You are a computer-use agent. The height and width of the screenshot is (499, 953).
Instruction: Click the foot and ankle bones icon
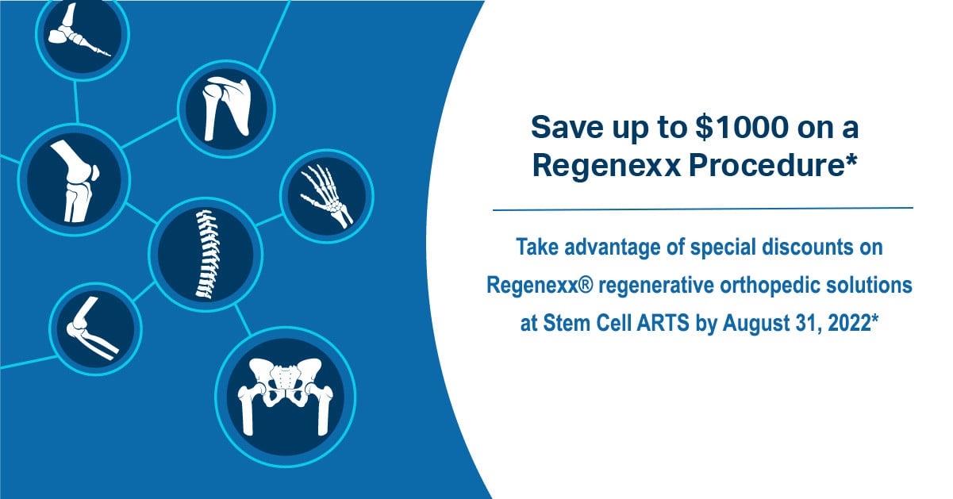point(82,34)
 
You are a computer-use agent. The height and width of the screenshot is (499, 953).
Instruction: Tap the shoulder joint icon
point(226,109)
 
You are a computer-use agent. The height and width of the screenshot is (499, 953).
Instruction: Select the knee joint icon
point(74,179)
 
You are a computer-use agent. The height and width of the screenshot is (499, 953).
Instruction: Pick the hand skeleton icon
point(327,196)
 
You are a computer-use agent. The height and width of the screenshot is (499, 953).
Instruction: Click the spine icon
point(206,255)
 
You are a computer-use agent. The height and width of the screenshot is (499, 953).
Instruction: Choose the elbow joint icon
point(95,328)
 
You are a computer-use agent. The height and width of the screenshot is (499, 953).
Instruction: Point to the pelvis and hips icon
point(286,397)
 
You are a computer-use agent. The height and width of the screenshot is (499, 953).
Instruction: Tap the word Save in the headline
point(567,127)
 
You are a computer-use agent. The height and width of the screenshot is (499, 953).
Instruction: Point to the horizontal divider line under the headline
point(703,209)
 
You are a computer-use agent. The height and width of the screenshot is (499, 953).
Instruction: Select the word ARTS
point(663,323)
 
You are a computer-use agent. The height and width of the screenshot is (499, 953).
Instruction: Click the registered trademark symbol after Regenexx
point(586,284)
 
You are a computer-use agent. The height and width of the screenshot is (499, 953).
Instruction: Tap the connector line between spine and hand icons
point(269,220)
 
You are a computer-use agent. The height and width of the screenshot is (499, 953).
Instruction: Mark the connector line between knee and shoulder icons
point(149,132)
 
